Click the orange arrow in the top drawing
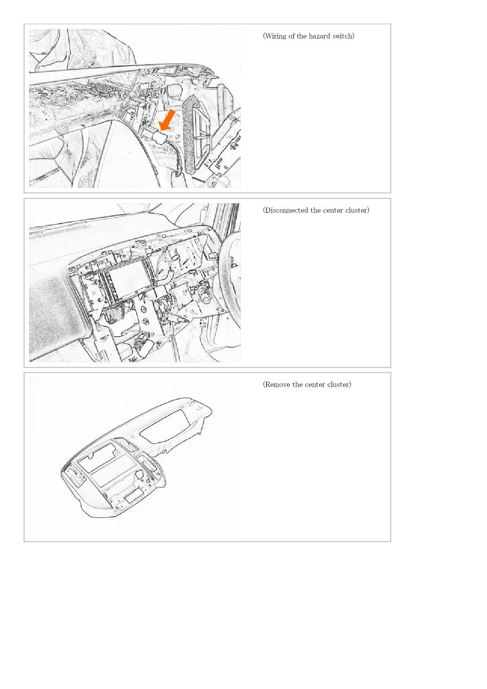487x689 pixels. click(x=167, y=120)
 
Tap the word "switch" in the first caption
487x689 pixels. click(x=342, y=36)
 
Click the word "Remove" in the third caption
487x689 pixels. click(x=277, y=385)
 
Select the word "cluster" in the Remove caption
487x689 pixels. click(x=338, y=385)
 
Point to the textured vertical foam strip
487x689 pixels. click(x=191, y=133)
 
